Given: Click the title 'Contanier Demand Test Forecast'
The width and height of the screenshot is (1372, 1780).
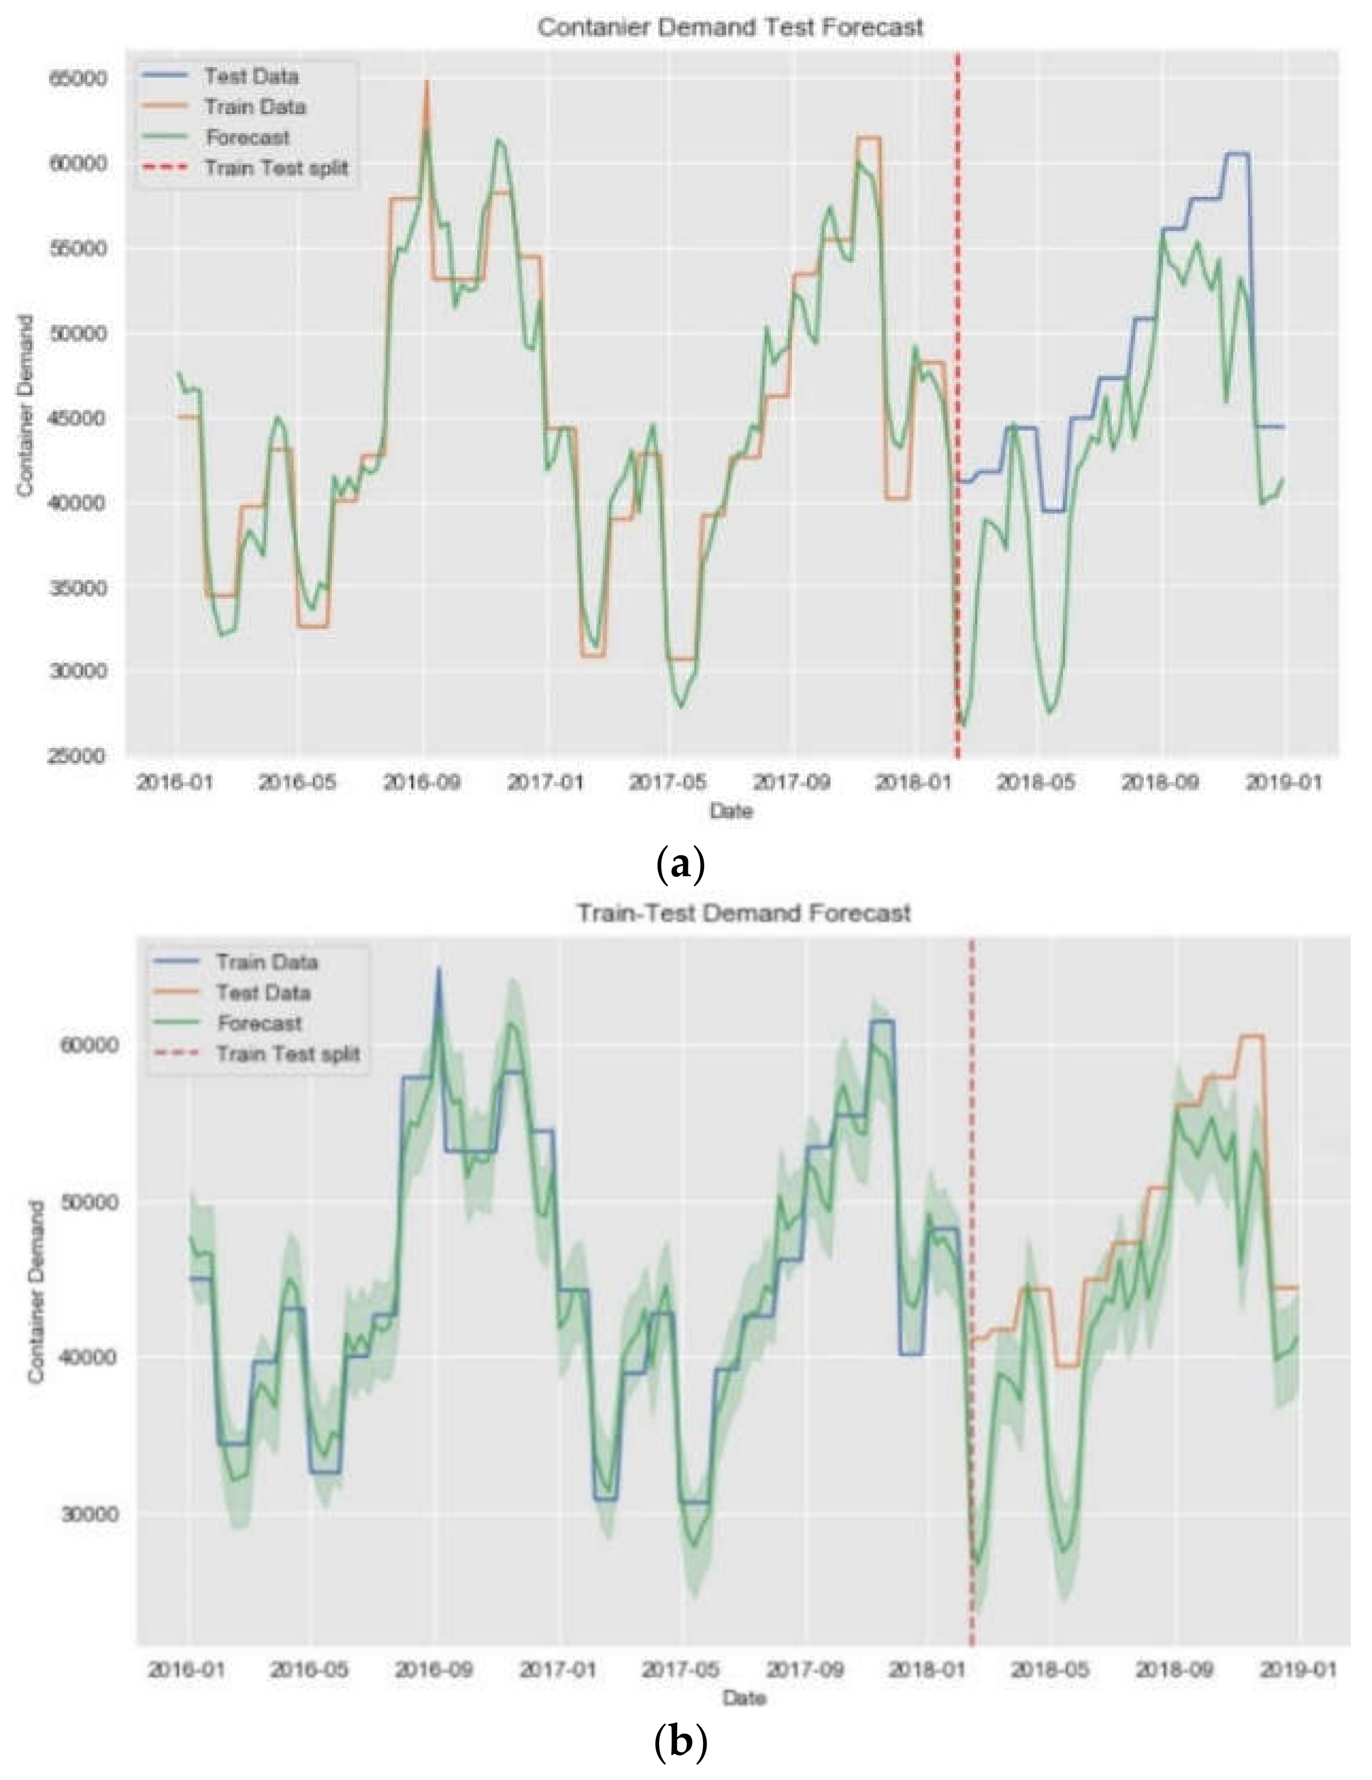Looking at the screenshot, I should click(730, 27).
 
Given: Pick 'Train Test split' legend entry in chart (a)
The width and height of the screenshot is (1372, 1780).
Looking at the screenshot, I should click(276, 168).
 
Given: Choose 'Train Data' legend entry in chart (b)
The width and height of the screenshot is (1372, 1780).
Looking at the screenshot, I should click(265, 962).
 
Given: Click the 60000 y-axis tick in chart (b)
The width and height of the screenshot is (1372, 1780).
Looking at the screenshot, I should click(90, 1045).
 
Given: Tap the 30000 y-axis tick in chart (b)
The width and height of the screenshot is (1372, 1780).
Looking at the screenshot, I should click(90, 1513).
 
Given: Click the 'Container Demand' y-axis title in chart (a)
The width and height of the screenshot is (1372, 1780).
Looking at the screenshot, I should click(25, 405).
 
